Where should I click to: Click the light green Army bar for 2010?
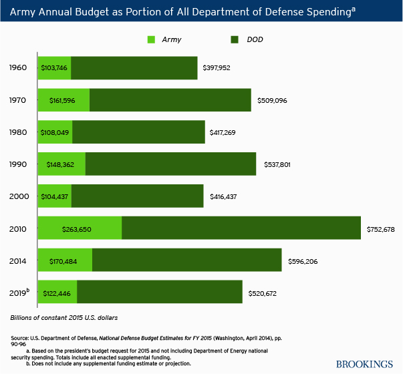click(80, 229)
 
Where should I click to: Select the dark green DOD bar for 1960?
click(134, 68)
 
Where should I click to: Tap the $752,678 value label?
click(381, 229)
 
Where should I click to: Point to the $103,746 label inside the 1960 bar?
click(54, 68)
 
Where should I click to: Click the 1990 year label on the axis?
click(18, 164)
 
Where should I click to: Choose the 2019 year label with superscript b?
click(19, 293)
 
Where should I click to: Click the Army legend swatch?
click(152, 39)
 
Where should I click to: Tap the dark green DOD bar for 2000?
click(137, 196)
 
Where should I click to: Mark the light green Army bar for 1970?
click(64, 100)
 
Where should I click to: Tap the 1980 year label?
click(18, 132)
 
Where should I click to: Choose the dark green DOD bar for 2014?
click(186, 260)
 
